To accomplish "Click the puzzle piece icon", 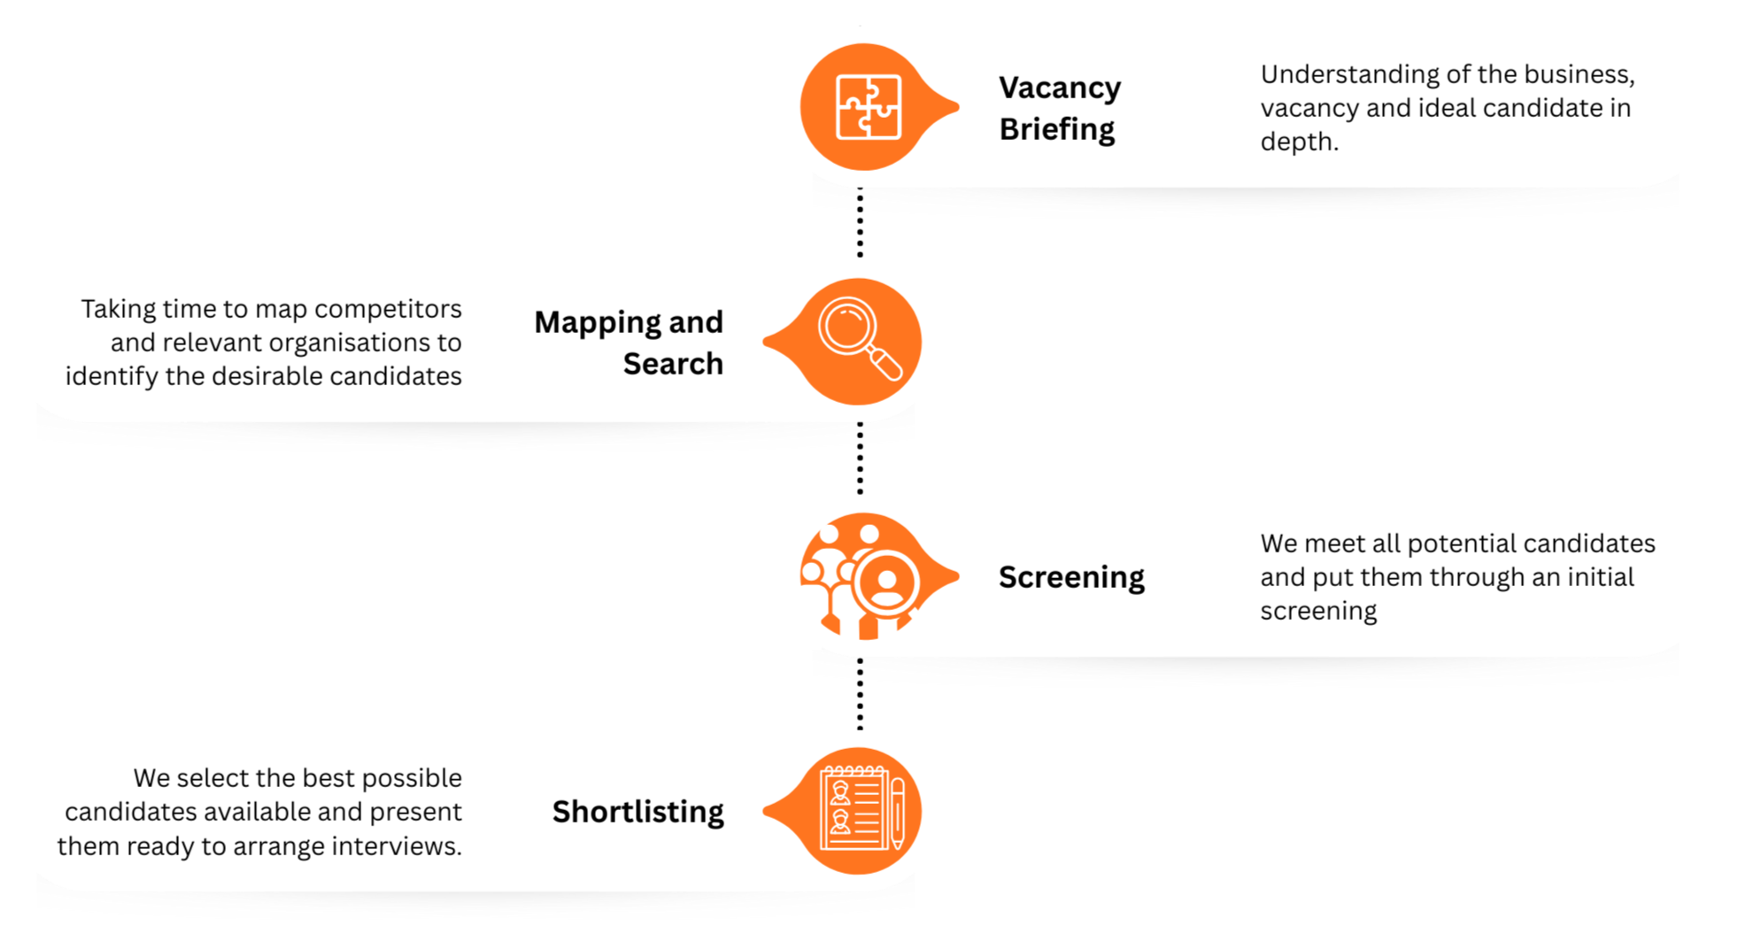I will click(869, 107).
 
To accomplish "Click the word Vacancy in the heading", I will click(1060, 88).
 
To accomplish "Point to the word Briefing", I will click(1057, 129).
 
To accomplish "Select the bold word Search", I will click(673, 364).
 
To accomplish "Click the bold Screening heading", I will click(1071, 577).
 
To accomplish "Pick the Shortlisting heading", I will click(637, 812).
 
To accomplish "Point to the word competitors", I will click(388, 309).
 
